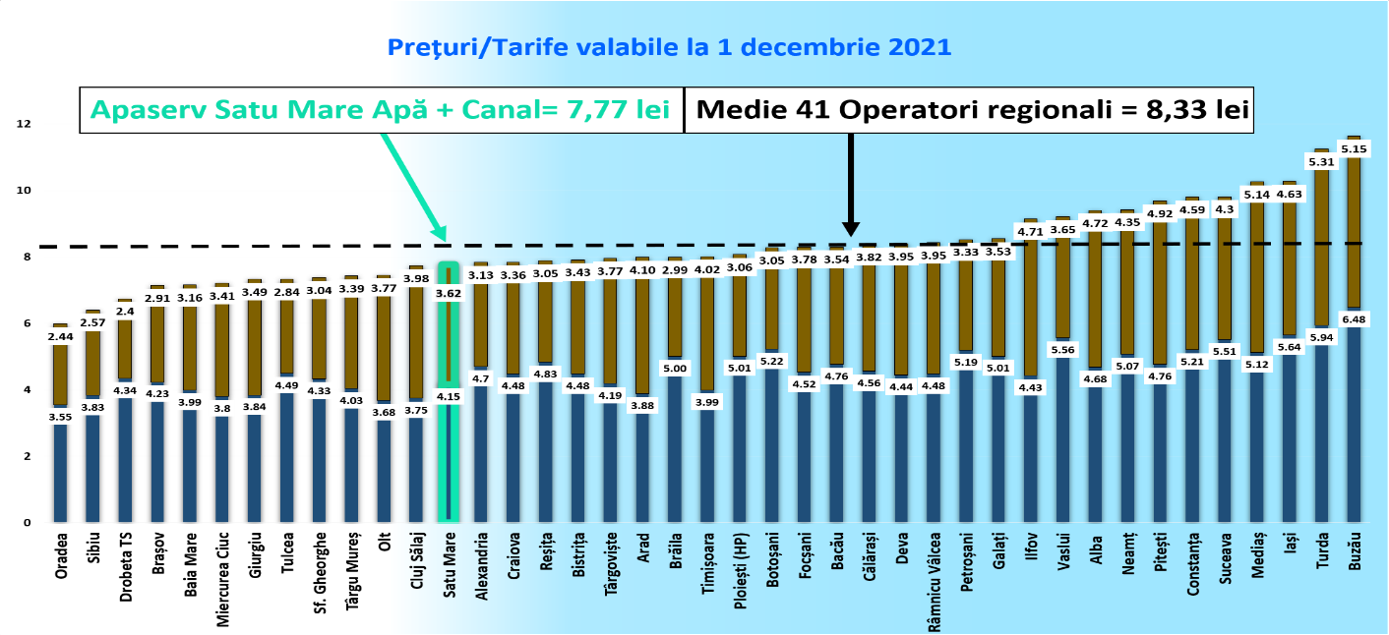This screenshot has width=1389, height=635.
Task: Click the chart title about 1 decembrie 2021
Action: point(669,46)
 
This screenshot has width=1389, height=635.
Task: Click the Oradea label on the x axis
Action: point(61,555)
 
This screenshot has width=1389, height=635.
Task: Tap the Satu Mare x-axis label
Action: point(449,569)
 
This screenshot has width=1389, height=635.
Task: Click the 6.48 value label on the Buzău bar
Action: point(1355,317)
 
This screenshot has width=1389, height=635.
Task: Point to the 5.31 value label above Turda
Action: point(1322,162)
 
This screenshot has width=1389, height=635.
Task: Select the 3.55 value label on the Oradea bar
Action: point(61,416)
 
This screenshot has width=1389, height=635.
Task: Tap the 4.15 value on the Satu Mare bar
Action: point(449,396)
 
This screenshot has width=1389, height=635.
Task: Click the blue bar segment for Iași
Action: point(1290,442)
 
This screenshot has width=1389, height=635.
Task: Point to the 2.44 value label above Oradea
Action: point(61,336)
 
